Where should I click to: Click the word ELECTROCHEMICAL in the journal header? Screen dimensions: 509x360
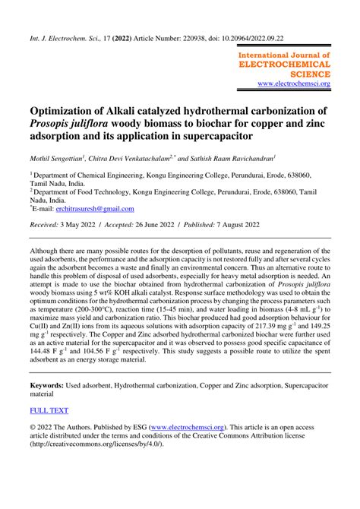(285, 65)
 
